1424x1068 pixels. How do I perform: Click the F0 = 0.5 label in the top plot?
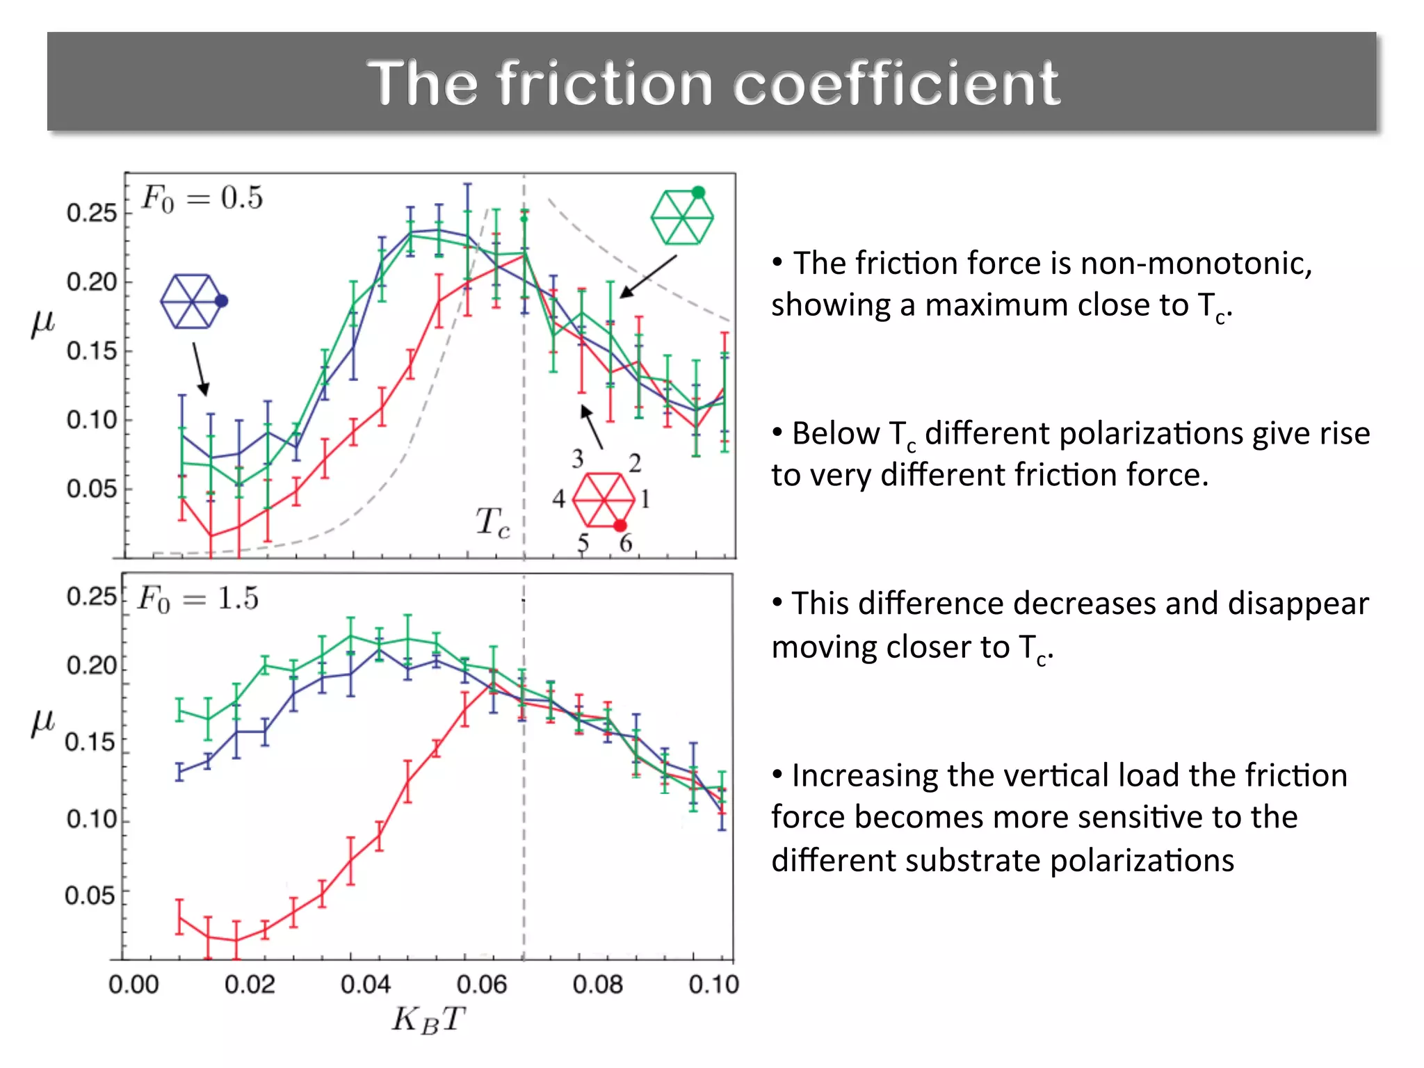point(202,198)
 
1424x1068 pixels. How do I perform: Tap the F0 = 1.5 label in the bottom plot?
point(198,599)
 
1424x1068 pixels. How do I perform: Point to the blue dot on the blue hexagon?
point(222,301)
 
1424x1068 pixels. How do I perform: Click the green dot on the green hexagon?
point(699,193)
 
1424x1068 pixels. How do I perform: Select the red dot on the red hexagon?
point(620,526)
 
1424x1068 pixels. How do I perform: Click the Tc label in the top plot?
point(492,522)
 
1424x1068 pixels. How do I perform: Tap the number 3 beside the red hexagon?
point(578,459)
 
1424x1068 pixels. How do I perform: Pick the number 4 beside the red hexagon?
point(558,499)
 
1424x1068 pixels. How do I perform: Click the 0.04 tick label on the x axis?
point(366,985)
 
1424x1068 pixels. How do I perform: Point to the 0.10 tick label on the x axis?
point(713,985)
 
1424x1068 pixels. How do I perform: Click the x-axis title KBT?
point(428,1021)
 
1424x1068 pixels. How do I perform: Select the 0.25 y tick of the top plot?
point(91,213)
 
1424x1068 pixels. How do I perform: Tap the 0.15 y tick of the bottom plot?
point(90,743)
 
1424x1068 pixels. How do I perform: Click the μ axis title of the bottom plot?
point(42,721)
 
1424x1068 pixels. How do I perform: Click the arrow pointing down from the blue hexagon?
point(200,369)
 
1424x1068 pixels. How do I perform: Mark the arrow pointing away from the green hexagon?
point(647,277)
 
